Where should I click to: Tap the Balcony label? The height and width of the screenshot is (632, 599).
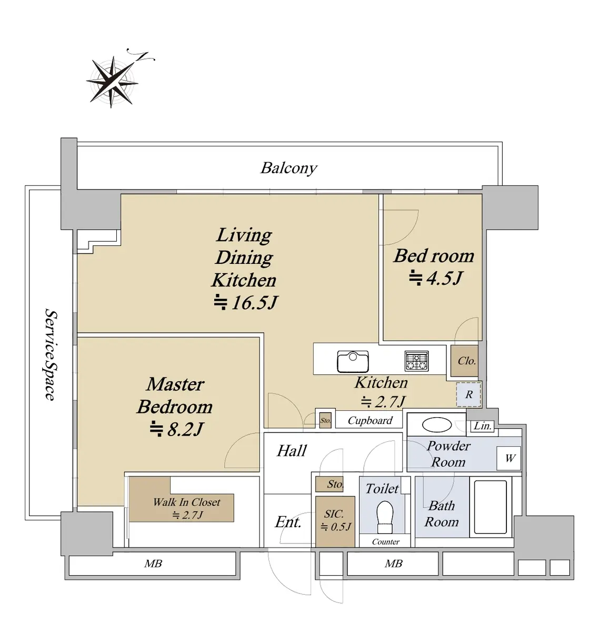[288, 168]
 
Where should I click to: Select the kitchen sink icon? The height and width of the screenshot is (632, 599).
[352, 361]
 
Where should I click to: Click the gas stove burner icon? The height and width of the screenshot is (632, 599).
[416, 361]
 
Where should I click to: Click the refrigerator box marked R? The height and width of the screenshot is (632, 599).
[468, 394]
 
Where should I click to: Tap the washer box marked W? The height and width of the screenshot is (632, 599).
[510, 458]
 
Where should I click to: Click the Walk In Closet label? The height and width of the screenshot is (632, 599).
[186, 502]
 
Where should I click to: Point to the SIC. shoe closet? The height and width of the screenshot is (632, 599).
[334, 520]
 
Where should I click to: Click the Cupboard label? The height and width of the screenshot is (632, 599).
[370, 420]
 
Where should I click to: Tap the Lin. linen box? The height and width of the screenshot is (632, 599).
[483, 426]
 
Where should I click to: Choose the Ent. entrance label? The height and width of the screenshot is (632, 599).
[288, 522]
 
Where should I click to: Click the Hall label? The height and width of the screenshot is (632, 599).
[292, 451]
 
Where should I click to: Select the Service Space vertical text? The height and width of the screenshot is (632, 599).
[50, 355]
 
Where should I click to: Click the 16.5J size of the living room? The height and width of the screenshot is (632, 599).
[246, 302]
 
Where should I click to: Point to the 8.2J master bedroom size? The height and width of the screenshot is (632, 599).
[176, 429]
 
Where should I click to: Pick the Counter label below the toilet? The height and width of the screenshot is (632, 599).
[386, 541]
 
